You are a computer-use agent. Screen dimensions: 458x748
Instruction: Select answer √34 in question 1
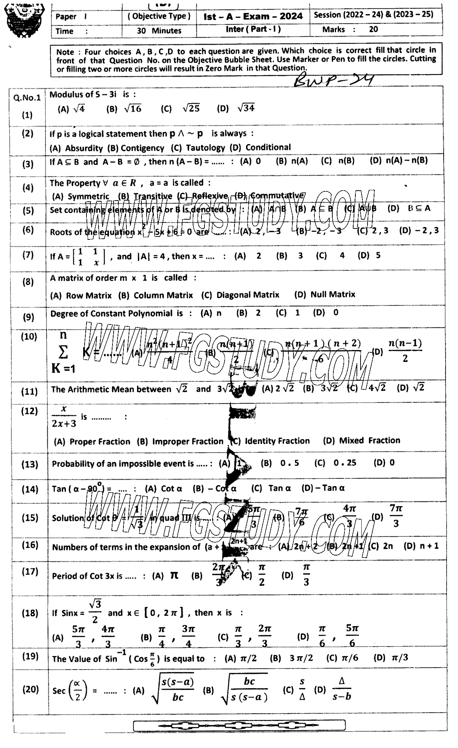[x=246, y=108]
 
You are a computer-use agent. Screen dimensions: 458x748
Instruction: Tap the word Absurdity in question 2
[x=84, y=148]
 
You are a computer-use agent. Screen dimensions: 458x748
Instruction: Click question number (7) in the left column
[x=28, y=255]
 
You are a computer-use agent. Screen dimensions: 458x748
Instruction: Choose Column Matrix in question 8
[x=163, y=295]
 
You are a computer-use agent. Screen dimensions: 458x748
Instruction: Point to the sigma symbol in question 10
[x=63, y=352]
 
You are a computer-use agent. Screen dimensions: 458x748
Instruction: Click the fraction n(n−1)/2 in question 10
[x=405, y=351]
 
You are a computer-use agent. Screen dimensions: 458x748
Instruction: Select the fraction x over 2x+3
[x=64, y=417]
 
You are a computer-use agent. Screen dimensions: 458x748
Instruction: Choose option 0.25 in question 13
[x=345, y=463]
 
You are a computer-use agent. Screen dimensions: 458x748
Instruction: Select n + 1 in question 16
[x=429, y=546]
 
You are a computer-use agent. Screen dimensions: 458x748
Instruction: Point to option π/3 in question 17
[x=306, y=575]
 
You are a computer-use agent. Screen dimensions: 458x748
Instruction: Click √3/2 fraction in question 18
[x=95, y=611]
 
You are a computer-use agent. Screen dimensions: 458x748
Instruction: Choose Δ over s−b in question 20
[x=342, y=690]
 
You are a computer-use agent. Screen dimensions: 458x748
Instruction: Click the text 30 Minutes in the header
[x=159, y=31]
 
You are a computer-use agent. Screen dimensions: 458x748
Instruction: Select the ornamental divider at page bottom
[x=239, y=725]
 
